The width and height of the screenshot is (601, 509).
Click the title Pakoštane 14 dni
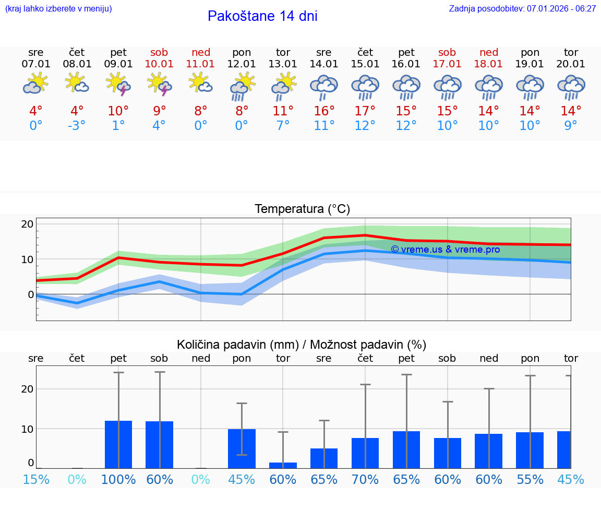pos(262,16)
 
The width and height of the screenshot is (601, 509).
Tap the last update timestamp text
pos(522,8)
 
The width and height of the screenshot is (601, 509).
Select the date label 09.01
pos(118,64)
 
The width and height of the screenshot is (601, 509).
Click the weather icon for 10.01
pos(160,84)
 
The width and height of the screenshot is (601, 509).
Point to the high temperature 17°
pos(365,111)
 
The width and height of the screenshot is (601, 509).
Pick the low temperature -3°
pos(77,125)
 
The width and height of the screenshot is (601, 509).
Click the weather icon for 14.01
pos(324,85)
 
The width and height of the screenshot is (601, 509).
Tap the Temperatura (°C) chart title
pos(302,209)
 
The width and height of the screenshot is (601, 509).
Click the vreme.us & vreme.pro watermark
pos(445,250)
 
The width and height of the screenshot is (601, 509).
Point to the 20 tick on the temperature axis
pos(27,224)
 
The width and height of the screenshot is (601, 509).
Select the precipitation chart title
pos(302,345)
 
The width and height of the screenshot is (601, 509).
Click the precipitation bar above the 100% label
pos(118,444)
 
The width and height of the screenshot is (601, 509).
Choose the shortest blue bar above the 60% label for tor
pos(283,465)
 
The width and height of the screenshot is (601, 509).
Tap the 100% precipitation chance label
pos(118,479)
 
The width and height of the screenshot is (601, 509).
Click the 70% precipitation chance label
pos(365,479)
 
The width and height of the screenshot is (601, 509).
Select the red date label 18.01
pos(489,64)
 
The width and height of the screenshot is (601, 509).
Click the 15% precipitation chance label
pos(36,479)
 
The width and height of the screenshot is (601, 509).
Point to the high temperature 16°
pos(324,111)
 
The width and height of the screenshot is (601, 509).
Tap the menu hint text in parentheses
pos(58,8)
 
